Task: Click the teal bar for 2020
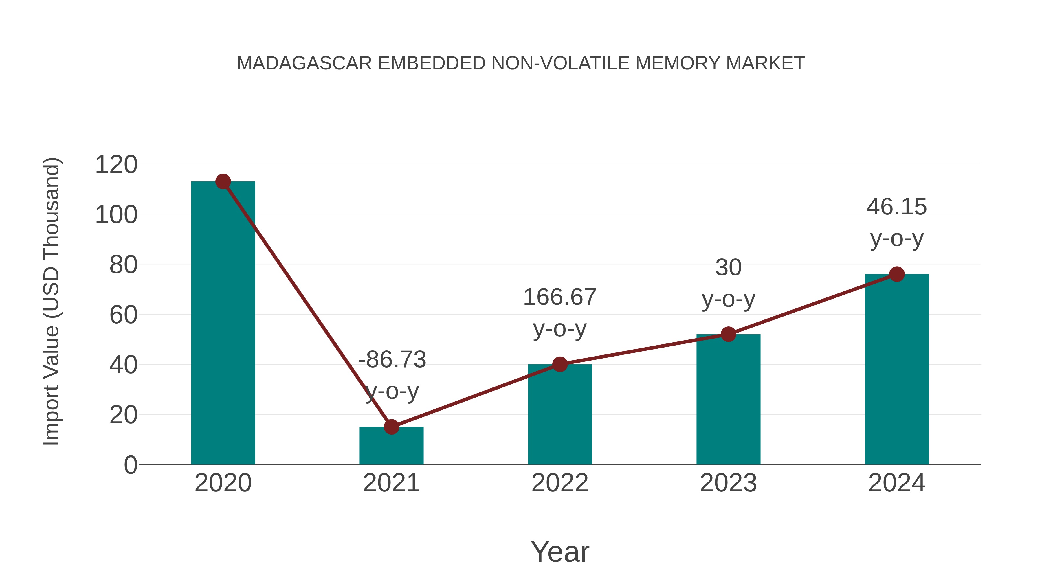pyautogui.click(x=223, y=324)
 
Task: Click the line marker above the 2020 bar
pyautogui.click(x=223, y=181)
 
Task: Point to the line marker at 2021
pyautogui.click(x=391, y=427)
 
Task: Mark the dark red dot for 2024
pyautogui.click(x=897, y=274)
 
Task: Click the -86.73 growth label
pyautogui.click(x=392, y=359)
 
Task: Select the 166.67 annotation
pyautogui.click(x=559, y=297)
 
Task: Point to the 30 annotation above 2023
pyautogui.click(x=728, y=268)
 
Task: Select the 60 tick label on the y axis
pyautogui.click(x=123, y=315)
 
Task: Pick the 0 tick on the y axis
pyautogui.click(x=130, y=465)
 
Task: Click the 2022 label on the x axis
pyautogui.click(x=560, y=483)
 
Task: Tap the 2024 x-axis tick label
pyautogui.click(x=897, y=483)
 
